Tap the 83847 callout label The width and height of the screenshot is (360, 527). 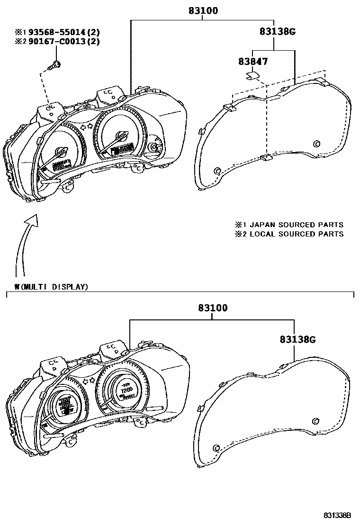[252, 61]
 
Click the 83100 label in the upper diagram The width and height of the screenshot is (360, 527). [202, 10]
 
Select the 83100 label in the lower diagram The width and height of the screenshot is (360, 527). [212, 308]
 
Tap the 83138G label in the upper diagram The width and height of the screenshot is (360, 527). [277, 32]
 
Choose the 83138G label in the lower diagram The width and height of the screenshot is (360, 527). [297, 339]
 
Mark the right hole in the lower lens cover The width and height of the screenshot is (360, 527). [316, 420]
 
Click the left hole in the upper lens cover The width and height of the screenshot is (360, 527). [217, 171]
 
